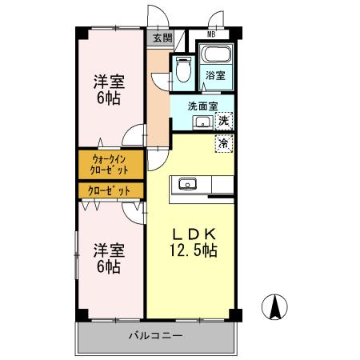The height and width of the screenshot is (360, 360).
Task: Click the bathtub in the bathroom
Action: pyautogui.click(x=214, y=57)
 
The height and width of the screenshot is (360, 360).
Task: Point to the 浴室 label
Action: pyautogui.click(x=214, y=75)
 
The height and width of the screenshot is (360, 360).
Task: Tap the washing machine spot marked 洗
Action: pyautogui.click(x=225, y=120)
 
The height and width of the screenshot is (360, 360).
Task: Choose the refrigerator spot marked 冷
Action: pyautogui.click(x=225, y=143)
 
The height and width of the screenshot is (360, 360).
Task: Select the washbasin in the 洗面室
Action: pyautogui.click(x=203, y=122)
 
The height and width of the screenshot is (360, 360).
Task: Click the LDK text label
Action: pyautogui.click(x=193, y=234)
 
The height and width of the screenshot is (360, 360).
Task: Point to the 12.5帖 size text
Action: pyautogui.click(x=193, y=250)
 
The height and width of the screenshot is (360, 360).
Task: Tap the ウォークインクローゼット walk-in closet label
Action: pyautogui.click(x=110, y=166)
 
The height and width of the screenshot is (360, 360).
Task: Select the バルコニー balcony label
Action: pyautogui.click(x=156, y=335)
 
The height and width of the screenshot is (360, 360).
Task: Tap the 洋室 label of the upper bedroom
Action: pyautogui.click(x=109, y=82)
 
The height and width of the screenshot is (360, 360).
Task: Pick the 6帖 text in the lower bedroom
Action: pyautogui.click(x=109, y=266)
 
